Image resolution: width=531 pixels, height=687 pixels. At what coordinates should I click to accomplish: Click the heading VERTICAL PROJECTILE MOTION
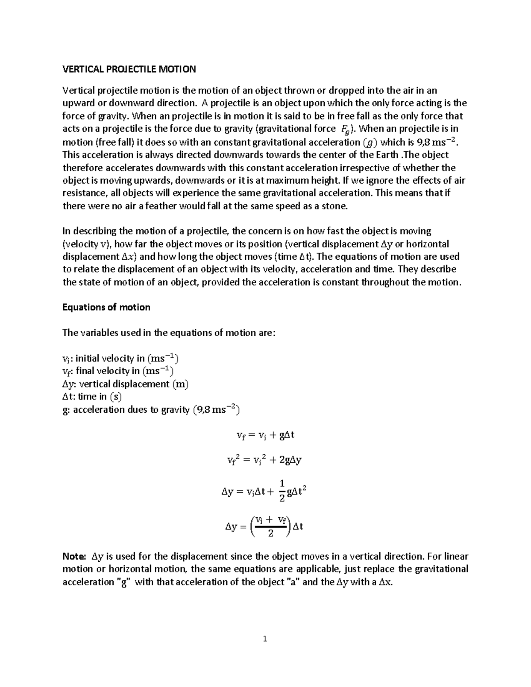[129, 69]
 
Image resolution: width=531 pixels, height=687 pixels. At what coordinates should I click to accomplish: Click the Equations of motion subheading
[106, 307]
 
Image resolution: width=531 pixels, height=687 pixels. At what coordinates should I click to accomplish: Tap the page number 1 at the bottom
[265, 638]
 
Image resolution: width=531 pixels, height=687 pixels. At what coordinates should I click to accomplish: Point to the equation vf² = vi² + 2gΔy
[264, 460]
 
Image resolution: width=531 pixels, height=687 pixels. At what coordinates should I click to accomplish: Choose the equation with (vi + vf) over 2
[264, 526]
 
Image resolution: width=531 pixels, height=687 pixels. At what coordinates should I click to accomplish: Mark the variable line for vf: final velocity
[118, 371]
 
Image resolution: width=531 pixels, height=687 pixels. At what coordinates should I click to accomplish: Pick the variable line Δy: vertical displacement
[126, 384]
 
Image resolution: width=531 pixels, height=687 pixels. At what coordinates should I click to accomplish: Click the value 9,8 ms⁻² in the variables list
[216, 410]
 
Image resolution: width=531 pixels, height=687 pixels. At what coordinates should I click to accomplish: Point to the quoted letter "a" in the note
[292, 582]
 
